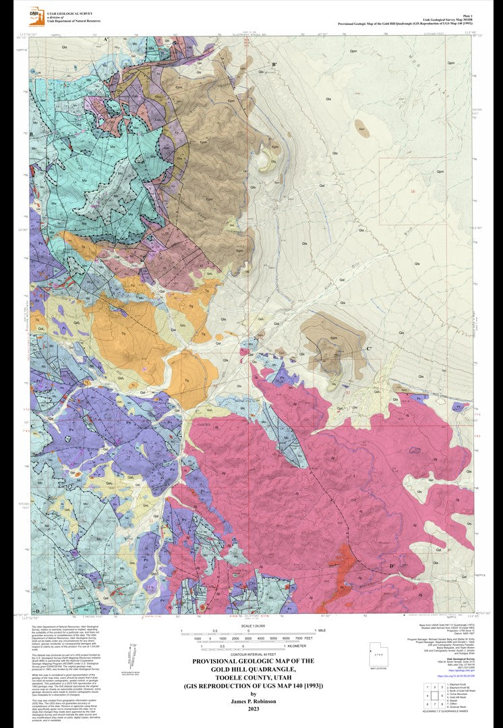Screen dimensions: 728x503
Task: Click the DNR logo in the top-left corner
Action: click(x=34, y=14)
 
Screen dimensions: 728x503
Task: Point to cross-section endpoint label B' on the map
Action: click(x=274, y=65)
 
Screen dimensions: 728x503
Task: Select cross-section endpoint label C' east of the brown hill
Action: click(x=369, y=348)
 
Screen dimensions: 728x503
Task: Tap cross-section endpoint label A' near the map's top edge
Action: click(x=106, y=40)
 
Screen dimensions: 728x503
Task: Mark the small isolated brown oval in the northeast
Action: click(x=362, y=125)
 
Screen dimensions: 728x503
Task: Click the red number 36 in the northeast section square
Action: click(x=412, y=192)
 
